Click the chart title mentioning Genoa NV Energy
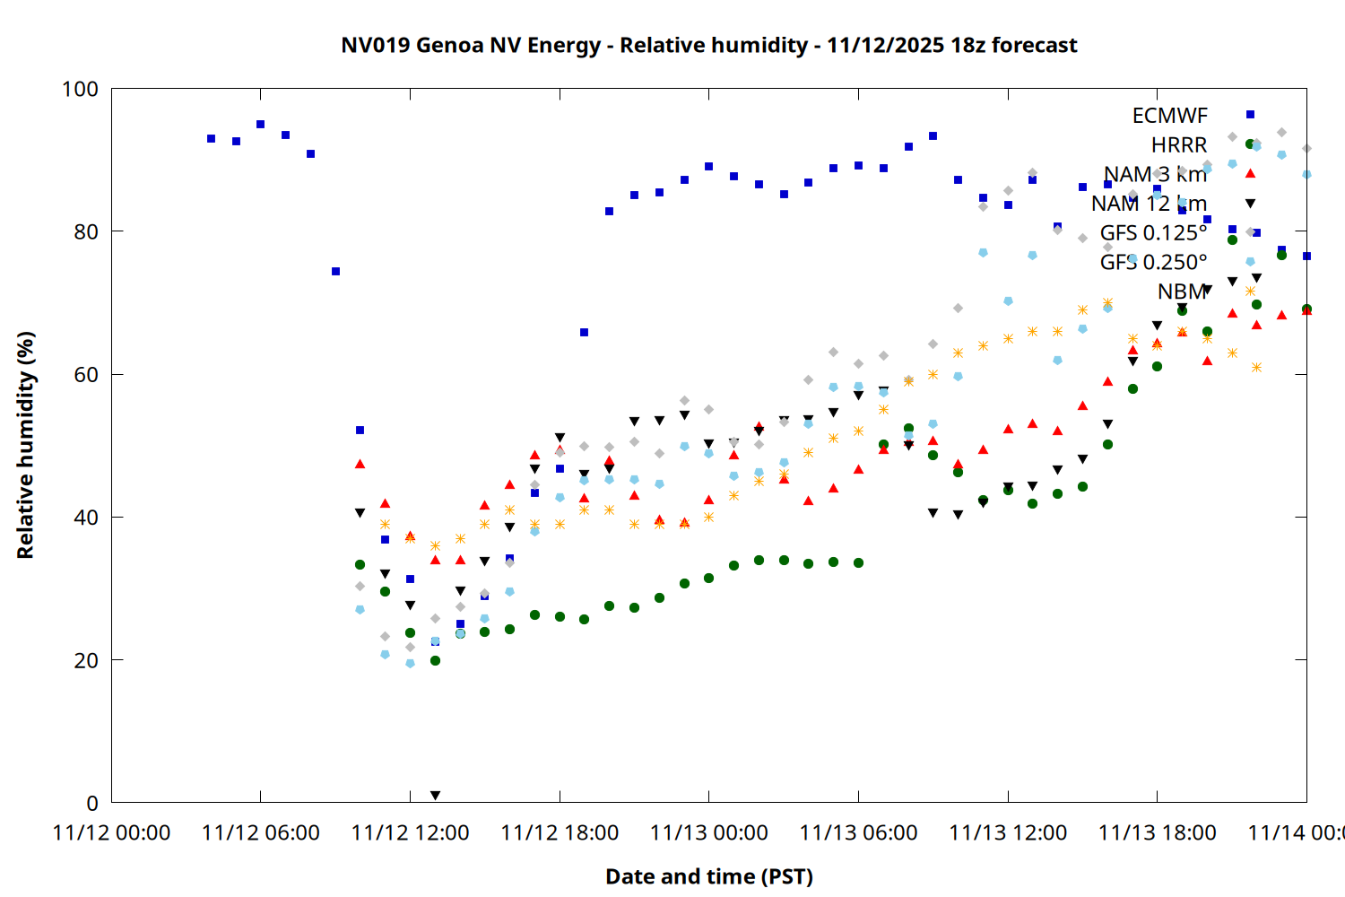708,45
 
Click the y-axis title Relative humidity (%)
25,445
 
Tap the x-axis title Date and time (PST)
708,876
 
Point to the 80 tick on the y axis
86,231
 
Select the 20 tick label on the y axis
86,660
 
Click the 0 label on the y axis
92,804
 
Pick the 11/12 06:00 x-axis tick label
261,832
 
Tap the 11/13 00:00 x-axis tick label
709,832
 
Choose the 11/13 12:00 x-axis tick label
1008,832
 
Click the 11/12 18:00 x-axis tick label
560,832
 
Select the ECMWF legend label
1169,116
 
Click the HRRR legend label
1179,145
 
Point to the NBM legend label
1182,292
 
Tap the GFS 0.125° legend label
1153,233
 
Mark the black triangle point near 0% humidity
435,796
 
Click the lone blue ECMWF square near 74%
335,271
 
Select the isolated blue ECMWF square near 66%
584,332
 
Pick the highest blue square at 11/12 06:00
260,125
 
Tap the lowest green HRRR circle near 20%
435,660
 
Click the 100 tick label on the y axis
80,89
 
